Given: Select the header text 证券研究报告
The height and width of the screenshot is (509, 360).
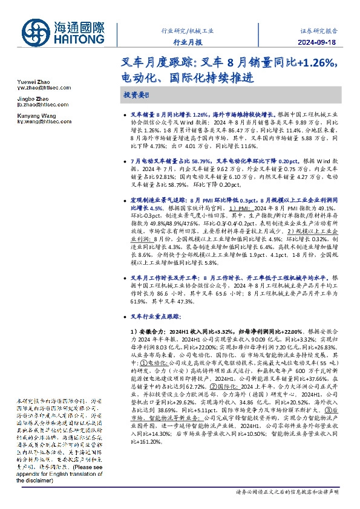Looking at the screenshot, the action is tap(319, 30).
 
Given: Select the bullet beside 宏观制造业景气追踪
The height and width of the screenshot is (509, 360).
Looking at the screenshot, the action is tap(125, 199).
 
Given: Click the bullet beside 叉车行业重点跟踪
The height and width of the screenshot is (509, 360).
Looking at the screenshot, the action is tap(125, 316).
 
